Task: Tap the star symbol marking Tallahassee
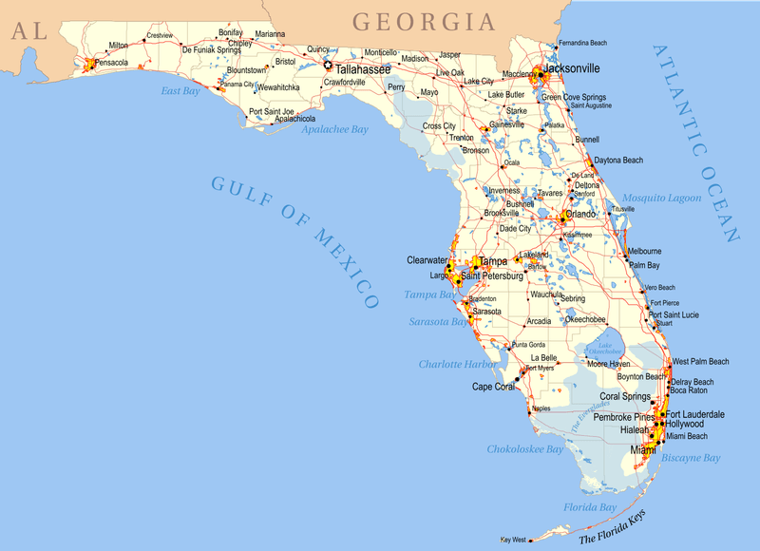(329, 66)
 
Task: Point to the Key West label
(512, 541)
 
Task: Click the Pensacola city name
(111, 63)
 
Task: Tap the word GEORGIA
(424, 22)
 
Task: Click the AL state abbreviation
(28, 30)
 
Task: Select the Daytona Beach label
(618, 160)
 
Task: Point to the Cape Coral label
(494, 387)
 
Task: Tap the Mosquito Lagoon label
(661, 198)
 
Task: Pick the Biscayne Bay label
(691, 457)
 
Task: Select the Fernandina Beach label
(581, 43)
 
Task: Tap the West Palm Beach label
(700, 361)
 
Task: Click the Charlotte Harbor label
(457, 364)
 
